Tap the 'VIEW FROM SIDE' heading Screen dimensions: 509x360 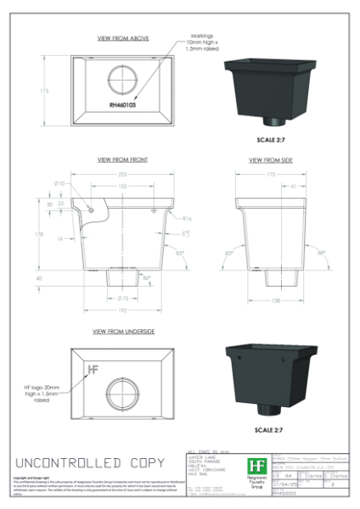tap(270, 159)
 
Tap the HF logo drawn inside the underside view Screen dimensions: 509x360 tap(93, 370)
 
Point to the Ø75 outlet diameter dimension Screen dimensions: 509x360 tap(121, 299)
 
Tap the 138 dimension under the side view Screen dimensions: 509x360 tap(276, 300)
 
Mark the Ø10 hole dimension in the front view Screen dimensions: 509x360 tap(60, 183)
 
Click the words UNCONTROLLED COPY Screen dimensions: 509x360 tap(88, 464)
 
